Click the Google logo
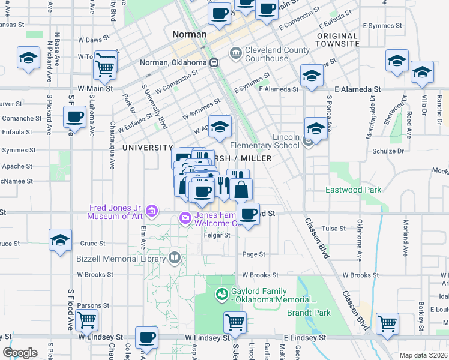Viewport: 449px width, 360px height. [20, 353]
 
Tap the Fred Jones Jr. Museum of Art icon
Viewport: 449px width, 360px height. [152, 211]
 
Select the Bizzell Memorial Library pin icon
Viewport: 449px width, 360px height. [174, 258]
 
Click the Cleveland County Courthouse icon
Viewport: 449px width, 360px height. [235, 54]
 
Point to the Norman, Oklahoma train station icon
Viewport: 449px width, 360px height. [214, 62]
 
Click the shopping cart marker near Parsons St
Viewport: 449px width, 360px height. [86, 321]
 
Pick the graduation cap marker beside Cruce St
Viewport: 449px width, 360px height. [60, 241]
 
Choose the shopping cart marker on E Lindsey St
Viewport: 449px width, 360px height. [387, 323]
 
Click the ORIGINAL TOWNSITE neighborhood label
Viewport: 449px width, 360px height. [337, 40]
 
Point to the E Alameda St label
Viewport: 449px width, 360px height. [279, 89]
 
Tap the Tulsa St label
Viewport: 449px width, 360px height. [334, 229]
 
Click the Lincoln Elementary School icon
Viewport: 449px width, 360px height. [308, 141]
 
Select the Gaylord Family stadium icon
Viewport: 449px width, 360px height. [221, 295]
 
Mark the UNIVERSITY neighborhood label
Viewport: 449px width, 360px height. [147, 147]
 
